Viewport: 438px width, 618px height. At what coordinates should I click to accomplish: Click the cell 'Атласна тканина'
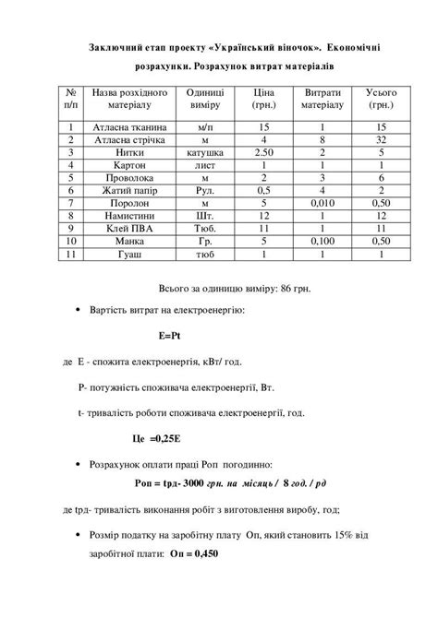(x=125, y=125)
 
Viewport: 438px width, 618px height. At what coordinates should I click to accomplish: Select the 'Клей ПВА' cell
(x=125, y=227)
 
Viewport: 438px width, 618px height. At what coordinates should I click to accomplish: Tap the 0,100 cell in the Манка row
(x=322, y=240)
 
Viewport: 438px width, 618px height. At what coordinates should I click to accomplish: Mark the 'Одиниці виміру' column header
(x=205, y=100)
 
